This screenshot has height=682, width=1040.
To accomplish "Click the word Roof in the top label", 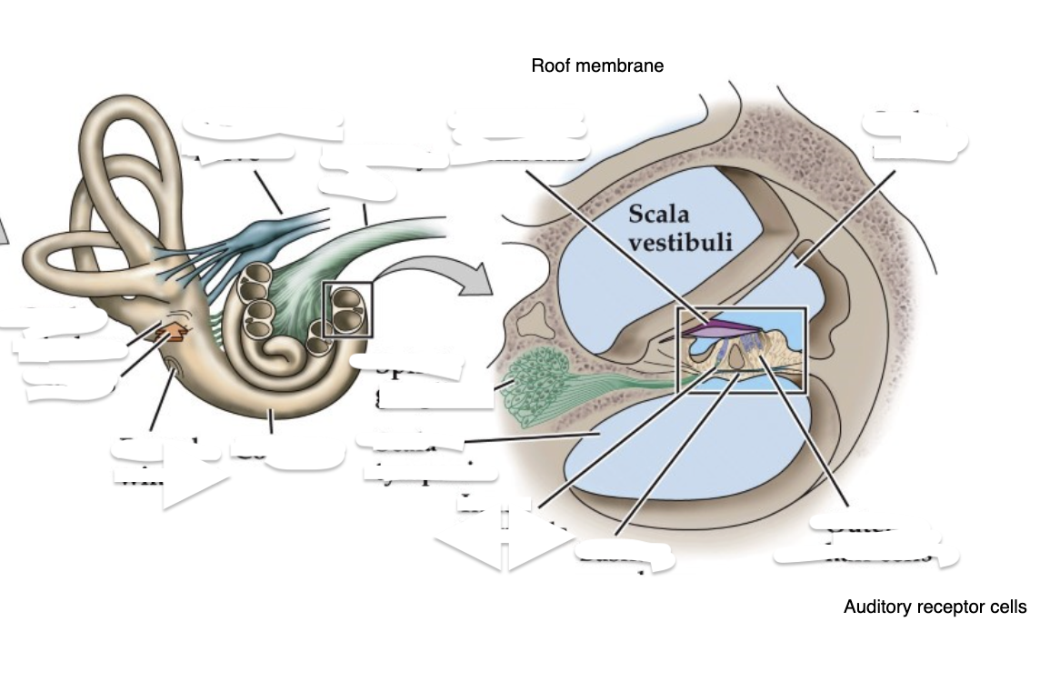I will point(549,65).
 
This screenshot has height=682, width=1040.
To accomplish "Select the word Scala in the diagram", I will point(658,216).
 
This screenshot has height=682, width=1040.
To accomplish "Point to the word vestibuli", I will point(680,243).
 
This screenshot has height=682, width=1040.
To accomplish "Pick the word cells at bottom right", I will point(1005,607).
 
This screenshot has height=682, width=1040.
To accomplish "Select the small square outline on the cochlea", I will point(347,309).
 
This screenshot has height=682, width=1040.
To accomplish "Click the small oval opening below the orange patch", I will point(173,368).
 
